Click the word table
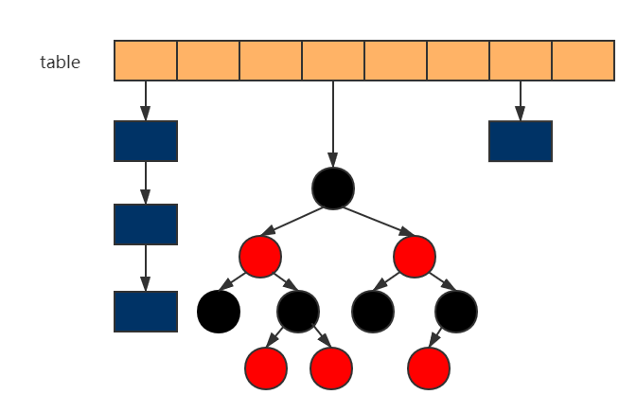60,63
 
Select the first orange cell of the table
146,61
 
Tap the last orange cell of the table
583,61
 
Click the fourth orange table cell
333,61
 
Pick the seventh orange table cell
521,61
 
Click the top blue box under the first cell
146,141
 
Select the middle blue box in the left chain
146,224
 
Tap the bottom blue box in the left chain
146,312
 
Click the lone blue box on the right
520,141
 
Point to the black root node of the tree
333,189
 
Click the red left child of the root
260,256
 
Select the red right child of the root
415,256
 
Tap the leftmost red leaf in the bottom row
266,368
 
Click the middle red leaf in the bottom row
331,368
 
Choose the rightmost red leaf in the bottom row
428,368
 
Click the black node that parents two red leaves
298,311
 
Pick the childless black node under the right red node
372,312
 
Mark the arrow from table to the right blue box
520,100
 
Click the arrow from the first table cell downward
146,100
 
